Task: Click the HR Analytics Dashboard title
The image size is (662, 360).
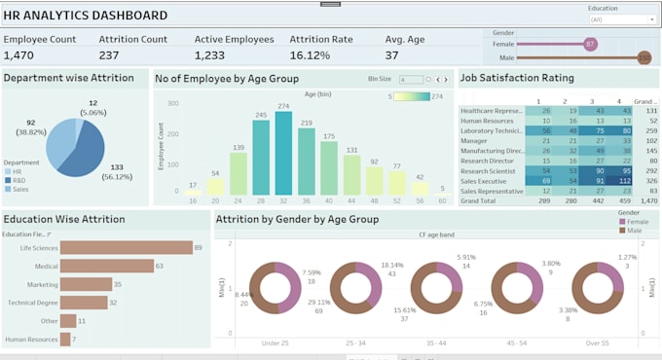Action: [86, 16]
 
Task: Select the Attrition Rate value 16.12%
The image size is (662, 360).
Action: [311, 55]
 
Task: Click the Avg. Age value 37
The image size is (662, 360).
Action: [392, 55]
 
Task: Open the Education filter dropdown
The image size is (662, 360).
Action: [621, 18]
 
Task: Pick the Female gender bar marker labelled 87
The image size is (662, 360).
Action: [590, 44]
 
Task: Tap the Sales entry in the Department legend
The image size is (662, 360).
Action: [19, 189]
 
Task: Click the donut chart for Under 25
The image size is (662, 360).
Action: [276, 289]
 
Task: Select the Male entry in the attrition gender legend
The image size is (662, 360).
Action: [634, 231]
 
